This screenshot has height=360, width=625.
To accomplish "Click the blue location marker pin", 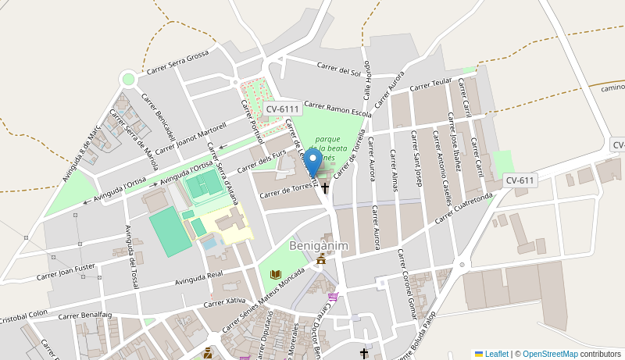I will [313, 163].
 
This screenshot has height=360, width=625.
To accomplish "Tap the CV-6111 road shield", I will [282, 109].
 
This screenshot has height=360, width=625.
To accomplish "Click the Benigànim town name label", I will [319, 246].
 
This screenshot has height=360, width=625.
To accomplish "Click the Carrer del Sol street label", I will [338, 70].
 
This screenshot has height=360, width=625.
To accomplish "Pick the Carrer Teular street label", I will [431, 84].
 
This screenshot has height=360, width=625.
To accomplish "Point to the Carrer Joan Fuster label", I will [66, 271].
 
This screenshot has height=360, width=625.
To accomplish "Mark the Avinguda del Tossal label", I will [130, 256].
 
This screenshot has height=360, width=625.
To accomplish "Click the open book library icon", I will [275, 274].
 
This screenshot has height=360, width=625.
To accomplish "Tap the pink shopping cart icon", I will [334, 296].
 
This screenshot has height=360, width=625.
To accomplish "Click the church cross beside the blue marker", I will [325, 188].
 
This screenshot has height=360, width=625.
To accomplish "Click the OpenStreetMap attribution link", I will [550, 354].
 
